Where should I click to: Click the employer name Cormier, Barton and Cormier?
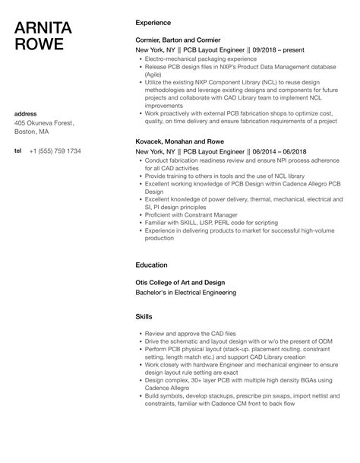(x=178, y=40)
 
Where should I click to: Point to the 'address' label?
(x=26, y=114)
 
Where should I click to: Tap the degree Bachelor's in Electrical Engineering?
(x=186, y=293)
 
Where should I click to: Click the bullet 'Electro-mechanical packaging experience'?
(x=197, y=59)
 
